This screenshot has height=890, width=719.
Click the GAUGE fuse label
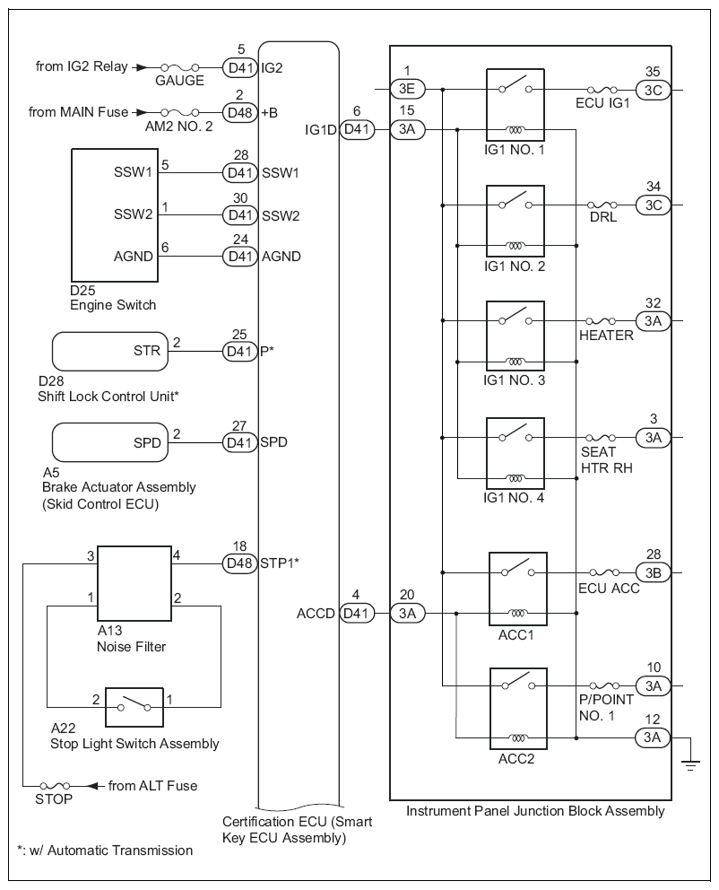[x=179, y=81]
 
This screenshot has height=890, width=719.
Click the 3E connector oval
[x=407, y=88]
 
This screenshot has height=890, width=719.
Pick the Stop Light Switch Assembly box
[x=134, y=708]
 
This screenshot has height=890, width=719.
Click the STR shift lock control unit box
[x=110, y=351]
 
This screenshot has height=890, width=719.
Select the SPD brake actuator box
[x=110, y=441]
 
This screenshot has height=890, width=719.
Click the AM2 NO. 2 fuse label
[x=178, y=127]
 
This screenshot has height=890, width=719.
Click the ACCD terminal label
[x=316, y=614]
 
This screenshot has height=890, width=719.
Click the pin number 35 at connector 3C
[x=653, y=71]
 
